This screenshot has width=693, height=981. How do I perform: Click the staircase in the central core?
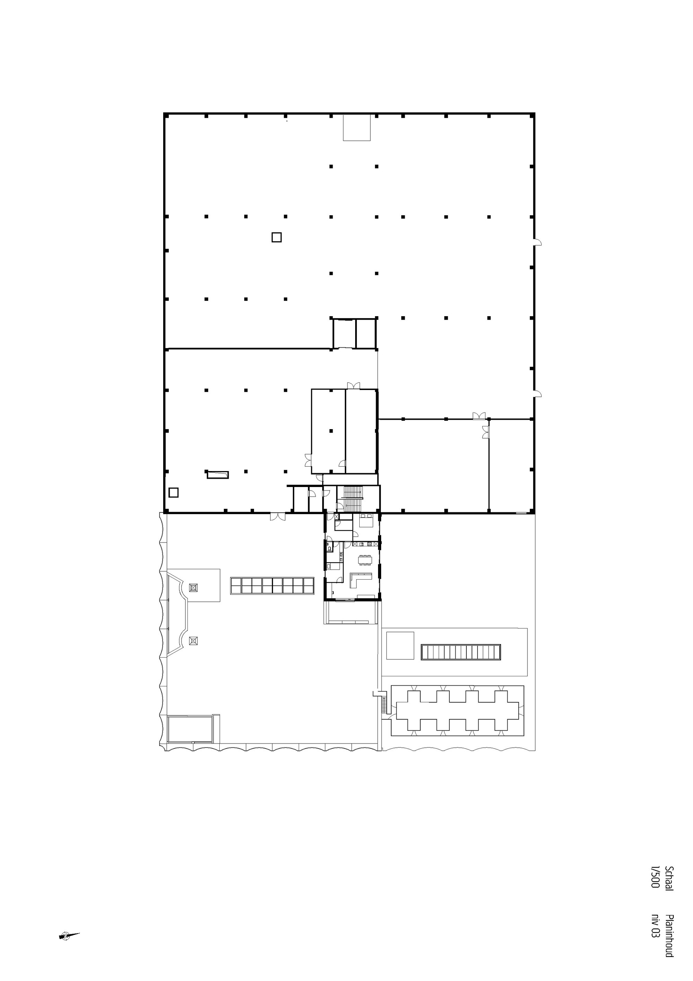[353, 498]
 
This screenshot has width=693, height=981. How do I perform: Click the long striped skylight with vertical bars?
[461, 652]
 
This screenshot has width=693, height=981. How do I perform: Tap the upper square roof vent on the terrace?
[193, 588]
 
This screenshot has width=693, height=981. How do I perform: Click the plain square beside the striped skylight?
[400, 645]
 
